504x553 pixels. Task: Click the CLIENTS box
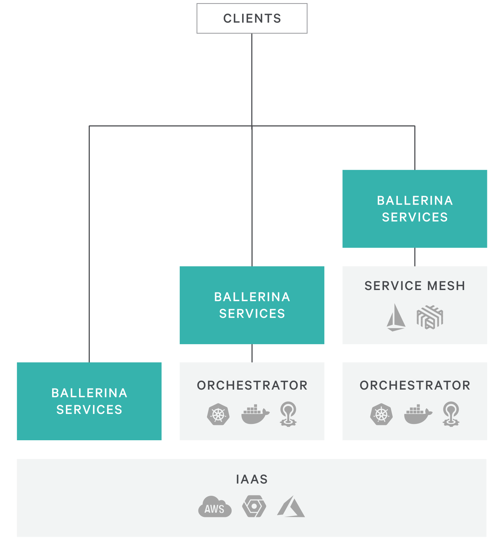pos(252,18)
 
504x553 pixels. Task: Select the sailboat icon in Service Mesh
pos(396,317)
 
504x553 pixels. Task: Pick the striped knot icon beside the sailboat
pos(430,317)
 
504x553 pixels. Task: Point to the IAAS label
pos(252,479)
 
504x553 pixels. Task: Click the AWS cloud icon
pos(215,507)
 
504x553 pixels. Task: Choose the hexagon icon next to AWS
pos(254,507)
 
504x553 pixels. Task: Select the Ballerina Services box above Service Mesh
pos(415,209)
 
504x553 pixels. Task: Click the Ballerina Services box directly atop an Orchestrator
pos(252,305)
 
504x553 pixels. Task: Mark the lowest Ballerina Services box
pos(89,401)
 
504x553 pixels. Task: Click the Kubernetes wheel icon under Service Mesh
pos(381,414)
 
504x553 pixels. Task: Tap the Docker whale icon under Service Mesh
pos(418,414)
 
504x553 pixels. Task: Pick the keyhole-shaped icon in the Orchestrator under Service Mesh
pos(451,414)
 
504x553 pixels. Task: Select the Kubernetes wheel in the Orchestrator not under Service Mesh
pos(218,414)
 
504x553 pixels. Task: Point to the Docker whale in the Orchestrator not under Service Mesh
pos(255,414)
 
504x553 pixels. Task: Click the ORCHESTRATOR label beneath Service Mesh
pos(415,385)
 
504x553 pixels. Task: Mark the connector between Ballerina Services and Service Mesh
pos(415,257)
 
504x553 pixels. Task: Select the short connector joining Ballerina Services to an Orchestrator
pos(252,353)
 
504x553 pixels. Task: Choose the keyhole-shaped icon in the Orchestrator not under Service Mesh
pos(288,414)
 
